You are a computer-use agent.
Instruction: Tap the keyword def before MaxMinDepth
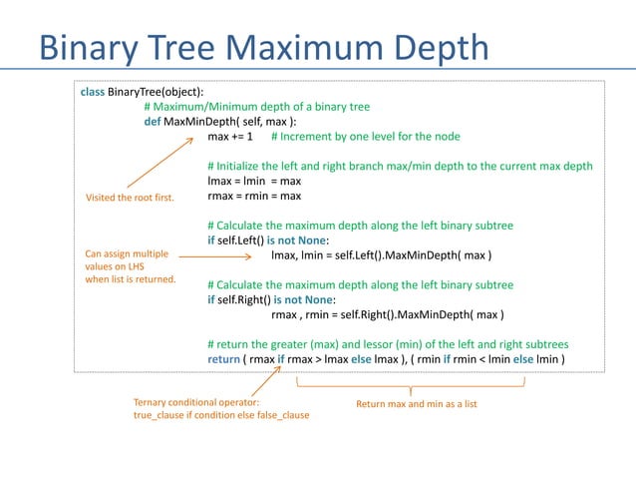pyautogui.click(x=153, y=121)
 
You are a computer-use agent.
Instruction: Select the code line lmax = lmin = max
pyautogui.click(x=253, y=181)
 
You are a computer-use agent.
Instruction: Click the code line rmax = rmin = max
pyautogui.click(x=254, y=196)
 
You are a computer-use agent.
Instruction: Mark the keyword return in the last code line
pyautogui.click(x=223, y=359)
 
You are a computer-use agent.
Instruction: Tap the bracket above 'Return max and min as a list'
pyautogui.click(x=411, y=383)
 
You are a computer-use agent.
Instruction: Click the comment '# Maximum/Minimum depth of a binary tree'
pyautogui.click(x=257, y=106)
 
